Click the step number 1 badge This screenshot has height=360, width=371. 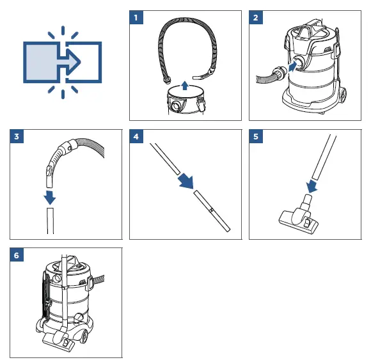[x=136, y=17]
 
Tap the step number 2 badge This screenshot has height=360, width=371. [x=255, y=17]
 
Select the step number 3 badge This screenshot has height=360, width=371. [x=17, y=136]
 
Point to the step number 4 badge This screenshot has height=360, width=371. [x=136, y=136]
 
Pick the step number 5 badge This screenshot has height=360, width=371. [x=255, y=136]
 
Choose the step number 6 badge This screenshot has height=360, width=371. [x=17, y=255]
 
